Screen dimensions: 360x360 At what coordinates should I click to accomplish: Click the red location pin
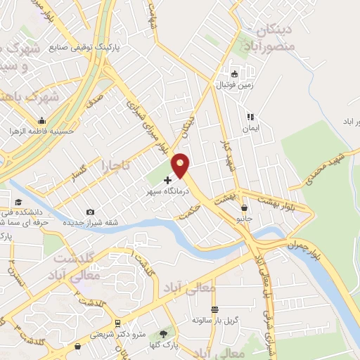coord(181,164)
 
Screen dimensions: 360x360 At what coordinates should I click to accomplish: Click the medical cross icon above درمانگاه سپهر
coord(167,181)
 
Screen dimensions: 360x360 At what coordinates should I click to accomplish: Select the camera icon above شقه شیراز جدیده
coord(90,212)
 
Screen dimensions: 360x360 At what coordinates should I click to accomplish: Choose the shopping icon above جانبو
coord(244,207)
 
